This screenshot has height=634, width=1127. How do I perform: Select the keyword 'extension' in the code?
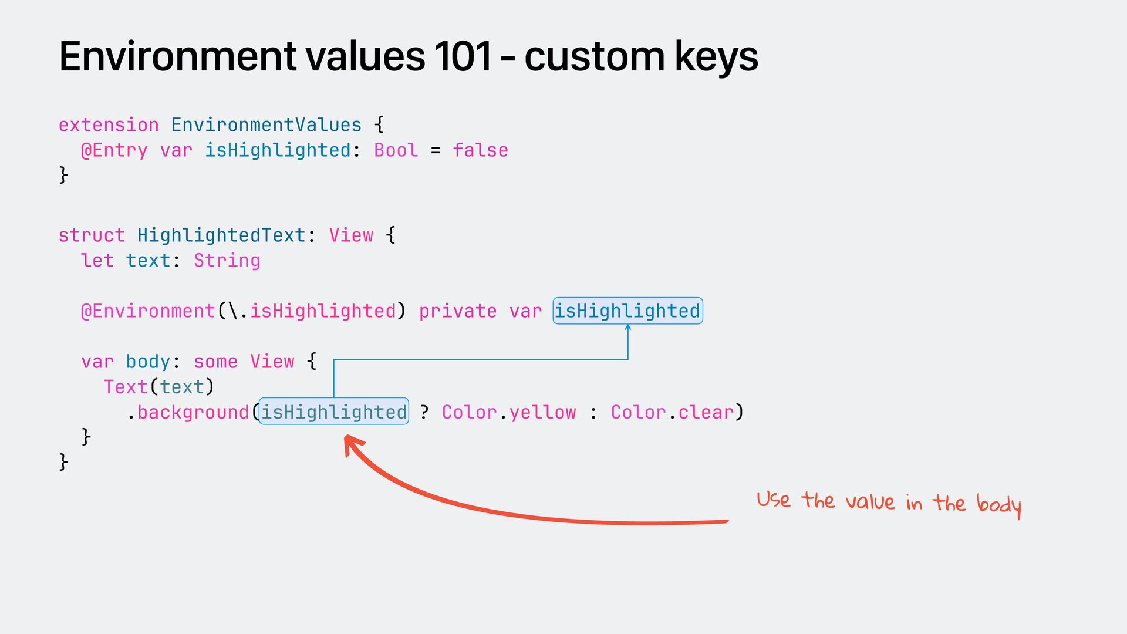coord(109,125)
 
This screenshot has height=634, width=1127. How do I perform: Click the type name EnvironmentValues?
coord(266,125)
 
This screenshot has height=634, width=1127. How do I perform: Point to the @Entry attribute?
coord(114,150)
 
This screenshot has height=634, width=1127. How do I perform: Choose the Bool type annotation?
coord(396,150)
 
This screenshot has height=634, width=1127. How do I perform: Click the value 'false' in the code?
coord(480,150)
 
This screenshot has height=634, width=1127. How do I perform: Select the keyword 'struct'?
coord(92,235)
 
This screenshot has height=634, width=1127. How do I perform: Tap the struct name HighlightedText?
coord(221,235)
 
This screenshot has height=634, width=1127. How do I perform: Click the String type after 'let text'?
coord(227,261)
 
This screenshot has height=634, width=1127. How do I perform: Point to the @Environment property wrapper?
coord(148,311)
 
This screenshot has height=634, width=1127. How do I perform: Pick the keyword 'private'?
coord(457,311)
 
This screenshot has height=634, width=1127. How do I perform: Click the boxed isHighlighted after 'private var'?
coord(627,311)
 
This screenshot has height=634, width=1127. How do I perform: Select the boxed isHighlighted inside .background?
coord(333,412)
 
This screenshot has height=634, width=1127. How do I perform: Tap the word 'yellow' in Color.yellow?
coord(542,412)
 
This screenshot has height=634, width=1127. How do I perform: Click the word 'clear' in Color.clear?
coord(706,412)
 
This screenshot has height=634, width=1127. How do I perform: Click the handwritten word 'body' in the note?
coord(998,504)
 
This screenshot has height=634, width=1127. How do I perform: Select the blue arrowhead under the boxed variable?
coord(628,328)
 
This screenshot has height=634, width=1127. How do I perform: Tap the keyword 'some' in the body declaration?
coord(215,362)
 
